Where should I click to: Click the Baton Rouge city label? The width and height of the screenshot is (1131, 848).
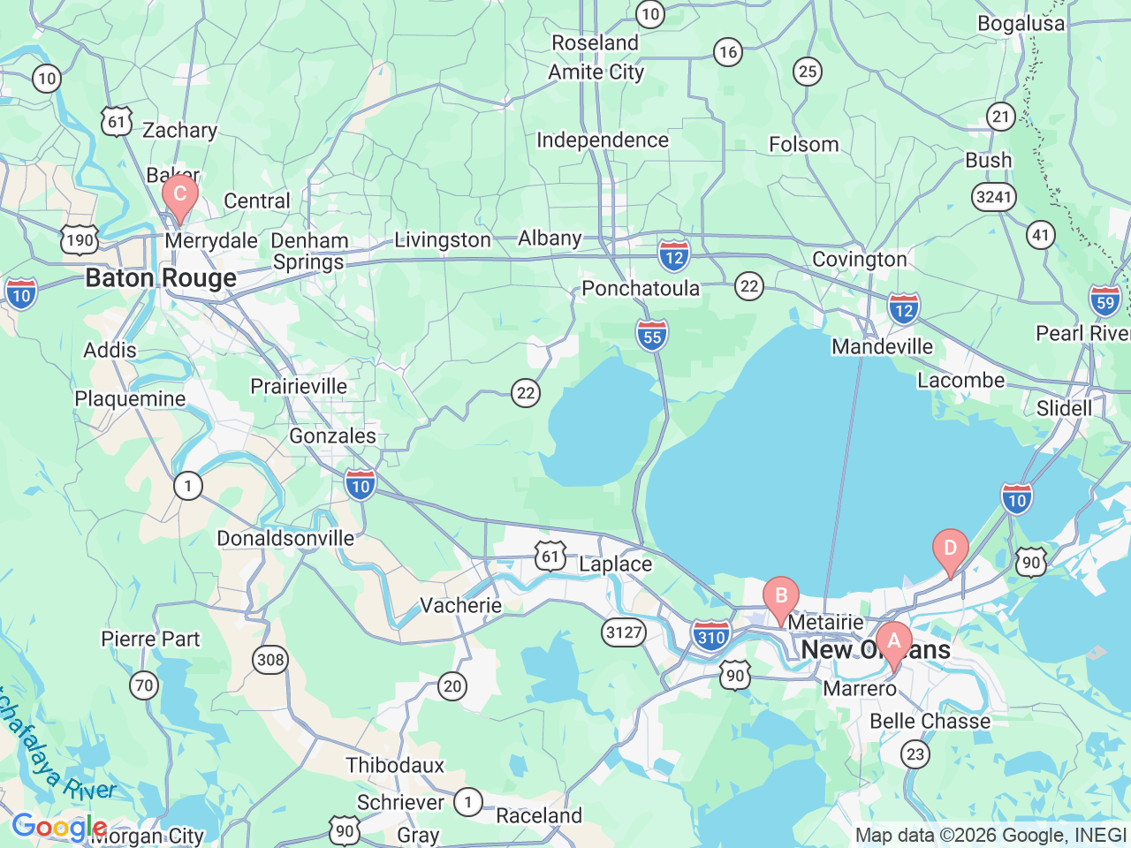[x=161, y=278]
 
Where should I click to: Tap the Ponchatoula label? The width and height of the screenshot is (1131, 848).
[x=641, y=288]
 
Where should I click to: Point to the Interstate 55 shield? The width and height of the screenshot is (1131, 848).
[x=652, y=336]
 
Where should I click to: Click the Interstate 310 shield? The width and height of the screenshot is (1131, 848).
[x=710, y=636]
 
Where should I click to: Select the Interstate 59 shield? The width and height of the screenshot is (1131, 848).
[x=1105, y=301]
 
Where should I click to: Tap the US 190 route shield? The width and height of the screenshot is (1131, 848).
[x=80, y=239]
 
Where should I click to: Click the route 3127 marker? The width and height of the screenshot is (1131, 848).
[x=624, y=632]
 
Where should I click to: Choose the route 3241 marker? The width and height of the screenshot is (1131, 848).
[x=993, y=196]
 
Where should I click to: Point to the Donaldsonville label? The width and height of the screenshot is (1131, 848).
[x=285, y=538]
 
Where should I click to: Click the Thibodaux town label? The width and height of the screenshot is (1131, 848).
[x=395, y=765]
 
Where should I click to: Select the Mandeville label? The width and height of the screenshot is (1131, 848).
[x=882, y=346]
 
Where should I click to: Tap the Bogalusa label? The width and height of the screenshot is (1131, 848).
[x=1021, y=23]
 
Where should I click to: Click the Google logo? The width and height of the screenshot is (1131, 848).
[x=59, y=828]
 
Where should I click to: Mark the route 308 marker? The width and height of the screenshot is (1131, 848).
[x=270, y=659]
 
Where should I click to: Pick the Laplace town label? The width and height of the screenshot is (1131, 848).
[x=616, y=564]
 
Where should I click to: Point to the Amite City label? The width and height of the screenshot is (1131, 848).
[x=596, y=72]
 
